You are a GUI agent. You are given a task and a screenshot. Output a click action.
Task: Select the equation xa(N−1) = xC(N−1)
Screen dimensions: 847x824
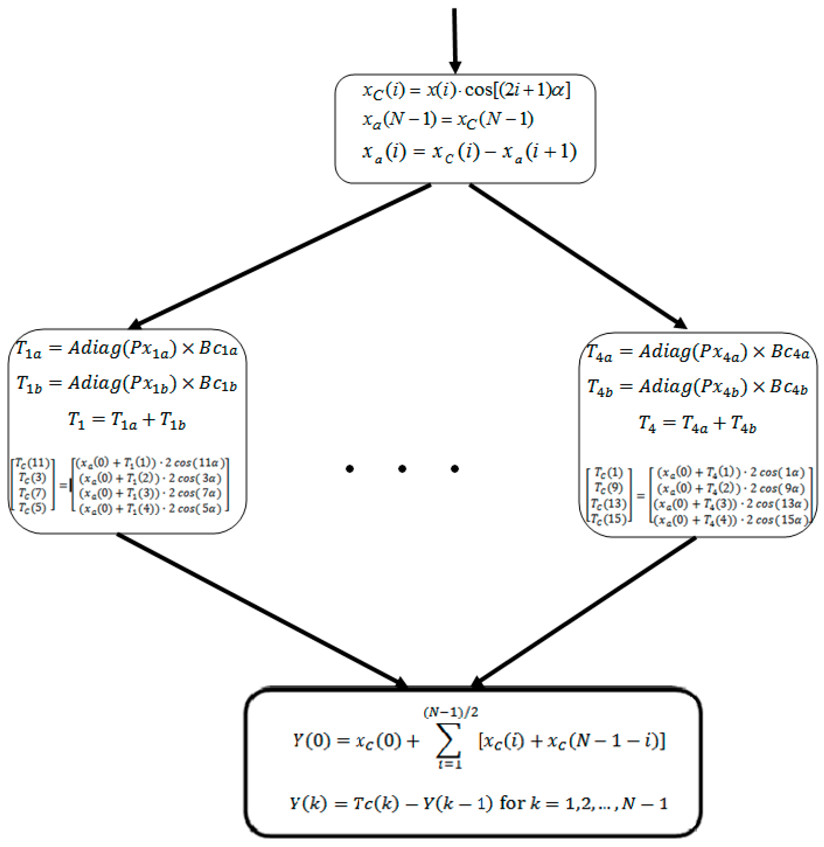pos(448,120)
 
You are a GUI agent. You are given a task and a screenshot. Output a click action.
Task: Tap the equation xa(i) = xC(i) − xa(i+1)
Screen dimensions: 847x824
pos(469,153)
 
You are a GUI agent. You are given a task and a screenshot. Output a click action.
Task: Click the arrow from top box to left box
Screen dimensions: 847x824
pos(281,255)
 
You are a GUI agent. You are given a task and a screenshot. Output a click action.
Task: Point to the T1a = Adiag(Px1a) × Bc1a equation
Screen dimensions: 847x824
pos(126,349)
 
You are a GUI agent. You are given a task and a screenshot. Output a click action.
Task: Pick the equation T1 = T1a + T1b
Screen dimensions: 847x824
pos(126,420)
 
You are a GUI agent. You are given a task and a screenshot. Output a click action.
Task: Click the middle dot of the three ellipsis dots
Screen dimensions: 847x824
pos(402,469)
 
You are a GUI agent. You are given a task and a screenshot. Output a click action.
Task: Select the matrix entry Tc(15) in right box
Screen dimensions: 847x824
pos(609,518)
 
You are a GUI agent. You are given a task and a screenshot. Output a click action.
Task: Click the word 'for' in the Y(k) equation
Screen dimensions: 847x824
pos(512,803)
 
